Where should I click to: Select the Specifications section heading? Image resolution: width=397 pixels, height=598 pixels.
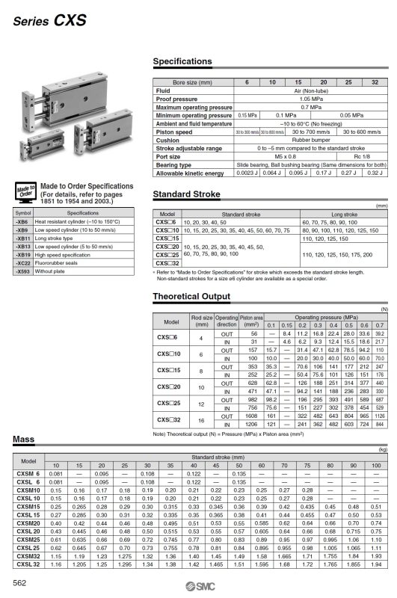coord(182,61)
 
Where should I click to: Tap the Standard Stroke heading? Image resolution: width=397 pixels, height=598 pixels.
coord(186,194)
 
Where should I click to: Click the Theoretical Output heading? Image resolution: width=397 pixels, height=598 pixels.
coord(190,298)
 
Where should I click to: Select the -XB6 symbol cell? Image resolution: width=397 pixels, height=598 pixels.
coord(22,223)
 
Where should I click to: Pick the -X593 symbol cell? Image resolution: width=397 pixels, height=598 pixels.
coord(24,273)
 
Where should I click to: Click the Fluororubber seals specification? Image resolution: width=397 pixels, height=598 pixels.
coord(64,265)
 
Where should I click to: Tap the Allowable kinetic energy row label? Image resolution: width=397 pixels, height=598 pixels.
coord(189,173)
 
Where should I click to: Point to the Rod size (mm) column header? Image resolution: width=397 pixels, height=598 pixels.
coord(203,321)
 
